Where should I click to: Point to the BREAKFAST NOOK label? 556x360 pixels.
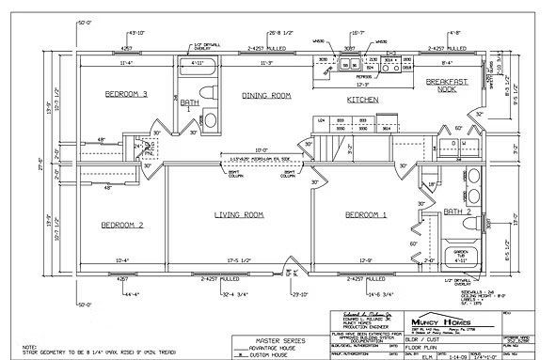coord(447,86)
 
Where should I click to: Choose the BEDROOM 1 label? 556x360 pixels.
coord(366,215)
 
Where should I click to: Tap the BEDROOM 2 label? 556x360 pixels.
coord(122,226)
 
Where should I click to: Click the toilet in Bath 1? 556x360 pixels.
coord(211,119)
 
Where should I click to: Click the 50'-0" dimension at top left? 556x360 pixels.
coord(85,20)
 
